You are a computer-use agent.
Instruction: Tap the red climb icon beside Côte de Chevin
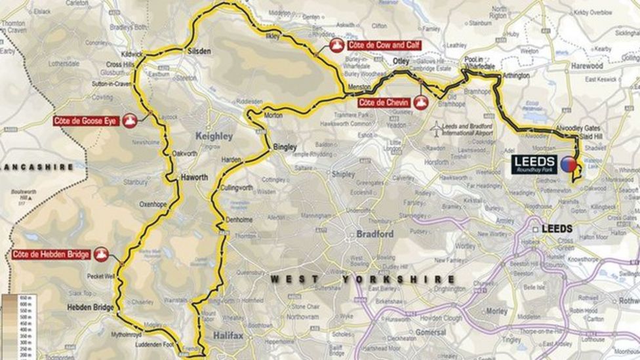(x=421, y=103)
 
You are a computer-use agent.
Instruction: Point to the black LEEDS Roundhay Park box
(x=534, y=164)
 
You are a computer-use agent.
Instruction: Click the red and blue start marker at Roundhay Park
(x=568, y=164)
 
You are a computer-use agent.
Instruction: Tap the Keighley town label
(x=214, y=136)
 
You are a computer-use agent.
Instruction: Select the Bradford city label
(x=374, y=234)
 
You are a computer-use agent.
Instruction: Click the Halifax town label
(x=228, y=336)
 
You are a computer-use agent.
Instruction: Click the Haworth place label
(x=194, y=178)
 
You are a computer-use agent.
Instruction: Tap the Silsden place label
(x=199, y=50)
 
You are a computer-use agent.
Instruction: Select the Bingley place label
(x=285, y=147)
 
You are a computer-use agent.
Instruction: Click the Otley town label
(x=400, y=62)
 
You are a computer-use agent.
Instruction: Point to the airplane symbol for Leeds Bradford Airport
(x=435, y=130)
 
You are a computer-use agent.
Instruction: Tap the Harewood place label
(x=586, y=66)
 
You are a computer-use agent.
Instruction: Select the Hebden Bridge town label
(x=90, y=307)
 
